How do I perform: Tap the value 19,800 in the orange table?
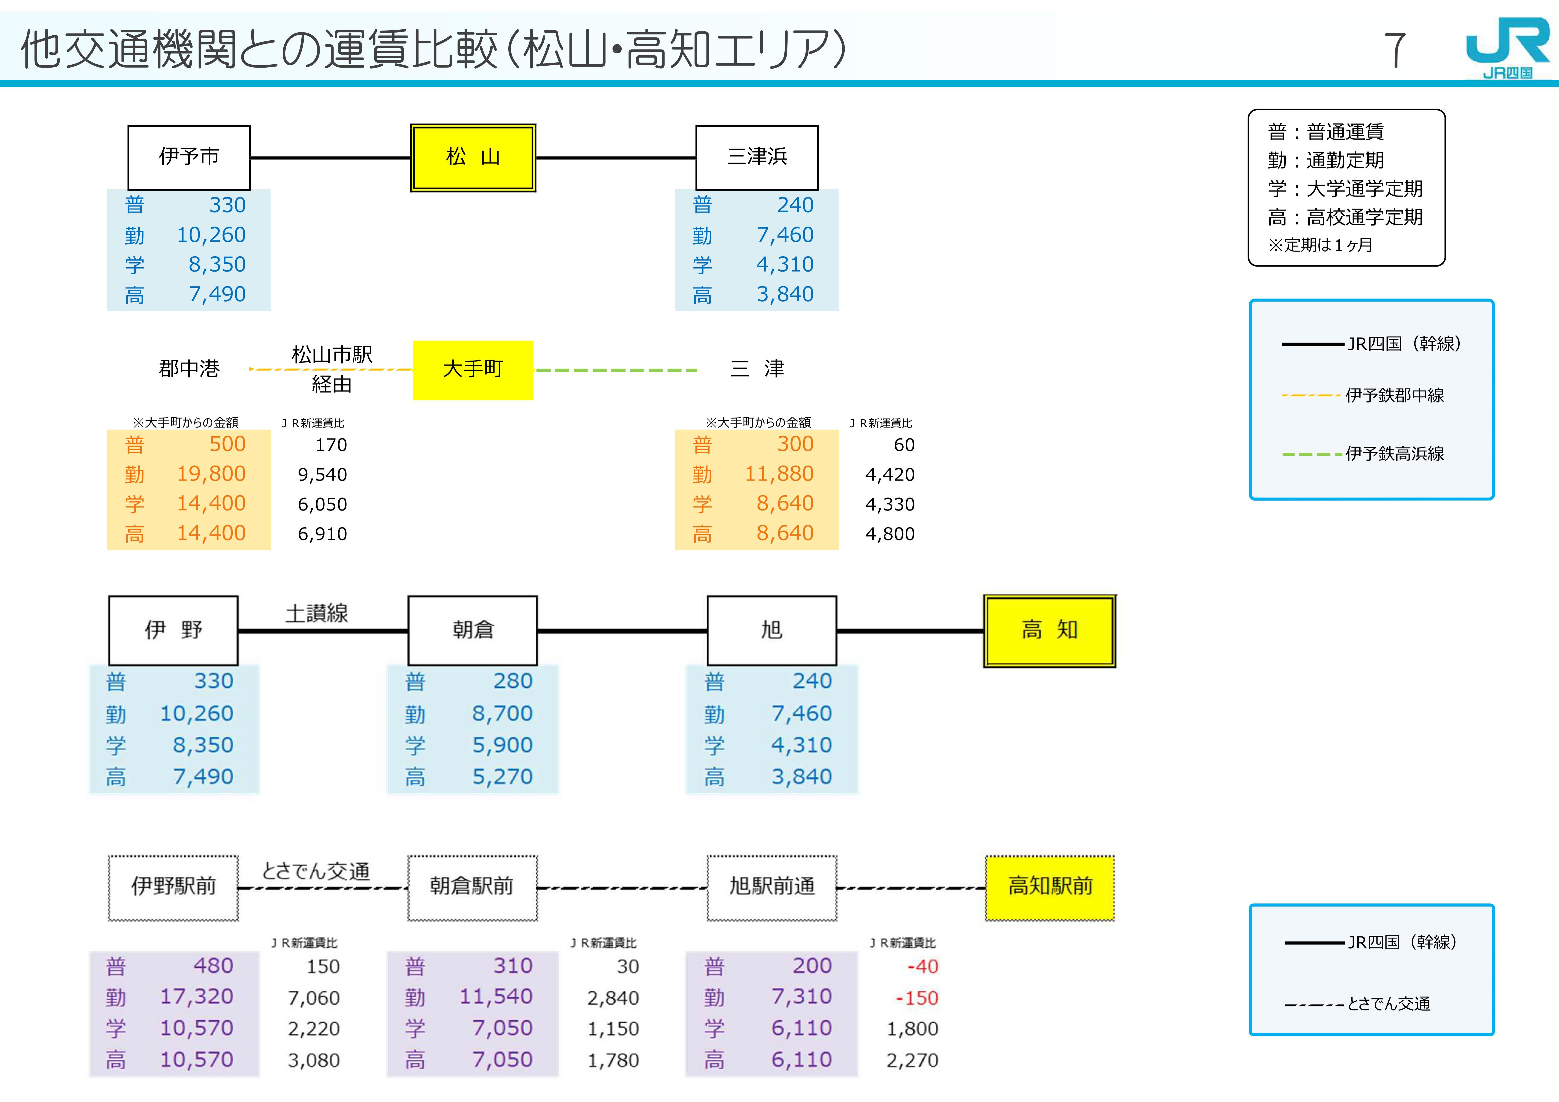[x=211, y=474]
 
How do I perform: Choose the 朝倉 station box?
[x=473, y=630]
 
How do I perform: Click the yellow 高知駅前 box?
[x=1050, y=887]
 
